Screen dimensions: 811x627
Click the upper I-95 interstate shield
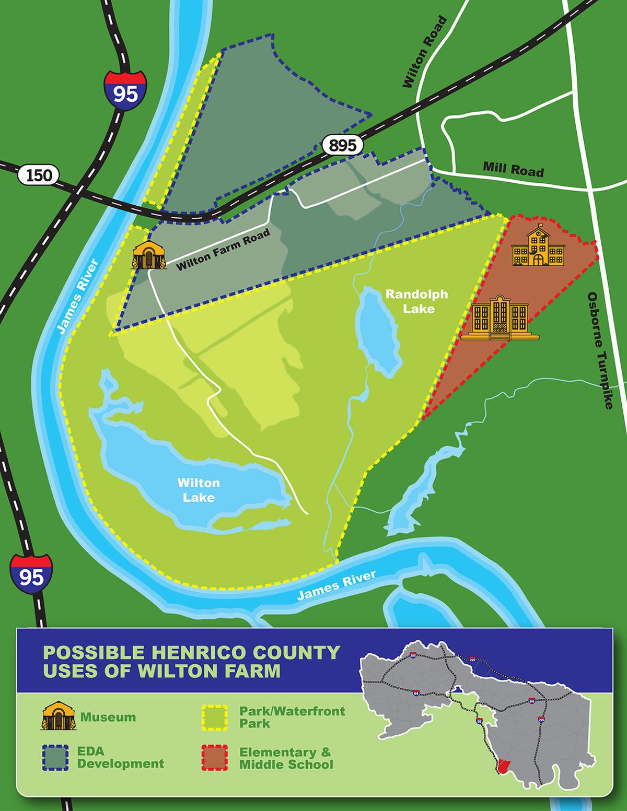coord(125,89)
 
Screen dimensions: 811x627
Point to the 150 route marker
coord(39,175)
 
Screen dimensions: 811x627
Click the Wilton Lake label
coord(199,489)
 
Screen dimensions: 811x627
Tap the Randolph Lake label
coord(416,301)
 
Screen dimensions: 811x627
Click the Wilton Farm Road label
coord(223,250)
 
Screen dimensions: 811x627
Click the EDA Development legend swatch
coord(55,758)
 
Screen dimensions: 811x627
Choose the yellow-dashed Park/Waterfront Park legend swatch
coord(214,717)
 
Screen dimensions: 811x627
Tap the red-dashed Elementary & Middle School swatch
coord(214,758)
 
